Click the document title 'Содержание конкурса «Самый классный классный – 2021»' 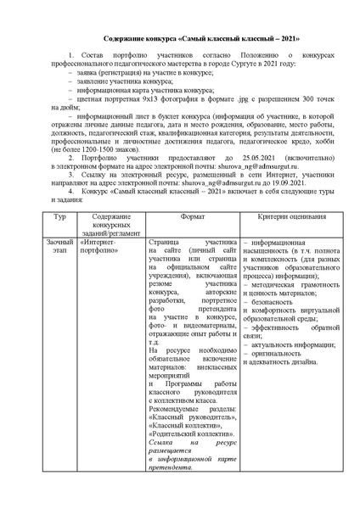[x=179, y=40]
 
